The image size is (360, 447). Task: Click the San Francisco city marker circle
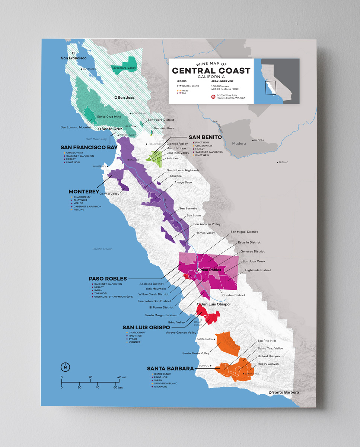point(73,53)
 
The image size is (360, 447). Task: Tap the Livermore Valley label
point(124,68)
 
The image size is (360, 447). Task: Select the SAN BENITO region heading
point(205,137)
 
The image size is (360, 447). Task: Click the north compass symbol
point(65,367)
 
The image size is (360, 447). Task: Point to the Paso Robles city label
point(210,270)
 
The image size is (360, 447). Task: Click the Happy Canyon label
point(268,364)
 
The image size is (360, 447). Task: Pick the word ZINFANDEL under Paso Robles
point(101,294)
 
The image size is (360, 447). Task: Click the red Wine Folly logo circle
point(213,96)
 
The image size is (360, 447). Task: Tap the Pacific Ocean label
point(102,249)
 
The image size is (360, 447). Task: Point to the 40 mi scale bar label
point(122,377)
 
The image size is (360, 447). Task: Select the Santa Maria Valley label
point(196,353)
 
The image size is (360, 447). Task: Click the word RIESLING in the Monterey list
point(79,210)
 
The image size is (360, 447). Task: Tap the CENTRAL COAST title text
point(211,71)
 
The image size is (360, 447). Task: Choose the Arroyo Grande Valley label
point(181,333)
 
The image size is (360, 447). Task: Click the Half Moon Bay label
point(96,139)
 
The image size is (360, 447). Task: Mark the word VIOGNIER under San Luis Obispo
point(134,342)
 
